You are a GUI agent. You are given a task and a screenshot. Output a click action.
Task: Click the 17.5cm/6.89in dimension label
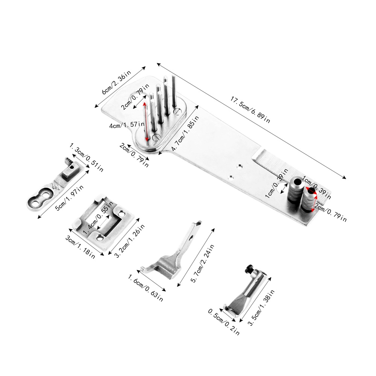coord(250,109)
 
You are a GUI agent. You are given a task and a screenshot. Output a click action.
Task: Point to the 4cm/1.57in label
coord(126,125)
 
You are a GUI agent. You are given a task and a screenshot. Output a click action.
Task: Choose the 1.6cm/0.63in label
coord(146,288)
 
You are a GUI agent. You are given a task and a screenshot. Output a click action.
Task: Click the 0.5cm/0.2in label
coord(224,322)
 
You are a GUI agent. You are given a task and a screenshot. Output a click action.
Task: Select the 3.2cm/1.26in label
coord(130,241)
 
